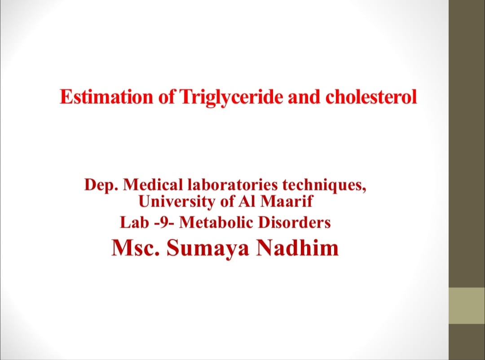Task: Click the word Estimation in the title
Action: [106, 97]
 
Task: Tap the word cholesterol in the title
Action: [371, 97]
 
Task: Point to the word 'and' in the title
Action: [304, 97]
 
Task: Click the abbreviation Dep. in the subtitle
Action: [101, 185]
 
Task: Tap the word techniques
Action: [324, 185]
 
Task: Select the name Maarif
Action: [287, 202]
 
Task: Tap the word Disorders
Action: [294, 222]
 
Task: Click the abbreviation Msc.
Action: [136, 248]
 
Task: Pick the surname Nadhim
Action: [297, 247]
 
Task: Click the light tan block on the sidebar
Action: [467, 306]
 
